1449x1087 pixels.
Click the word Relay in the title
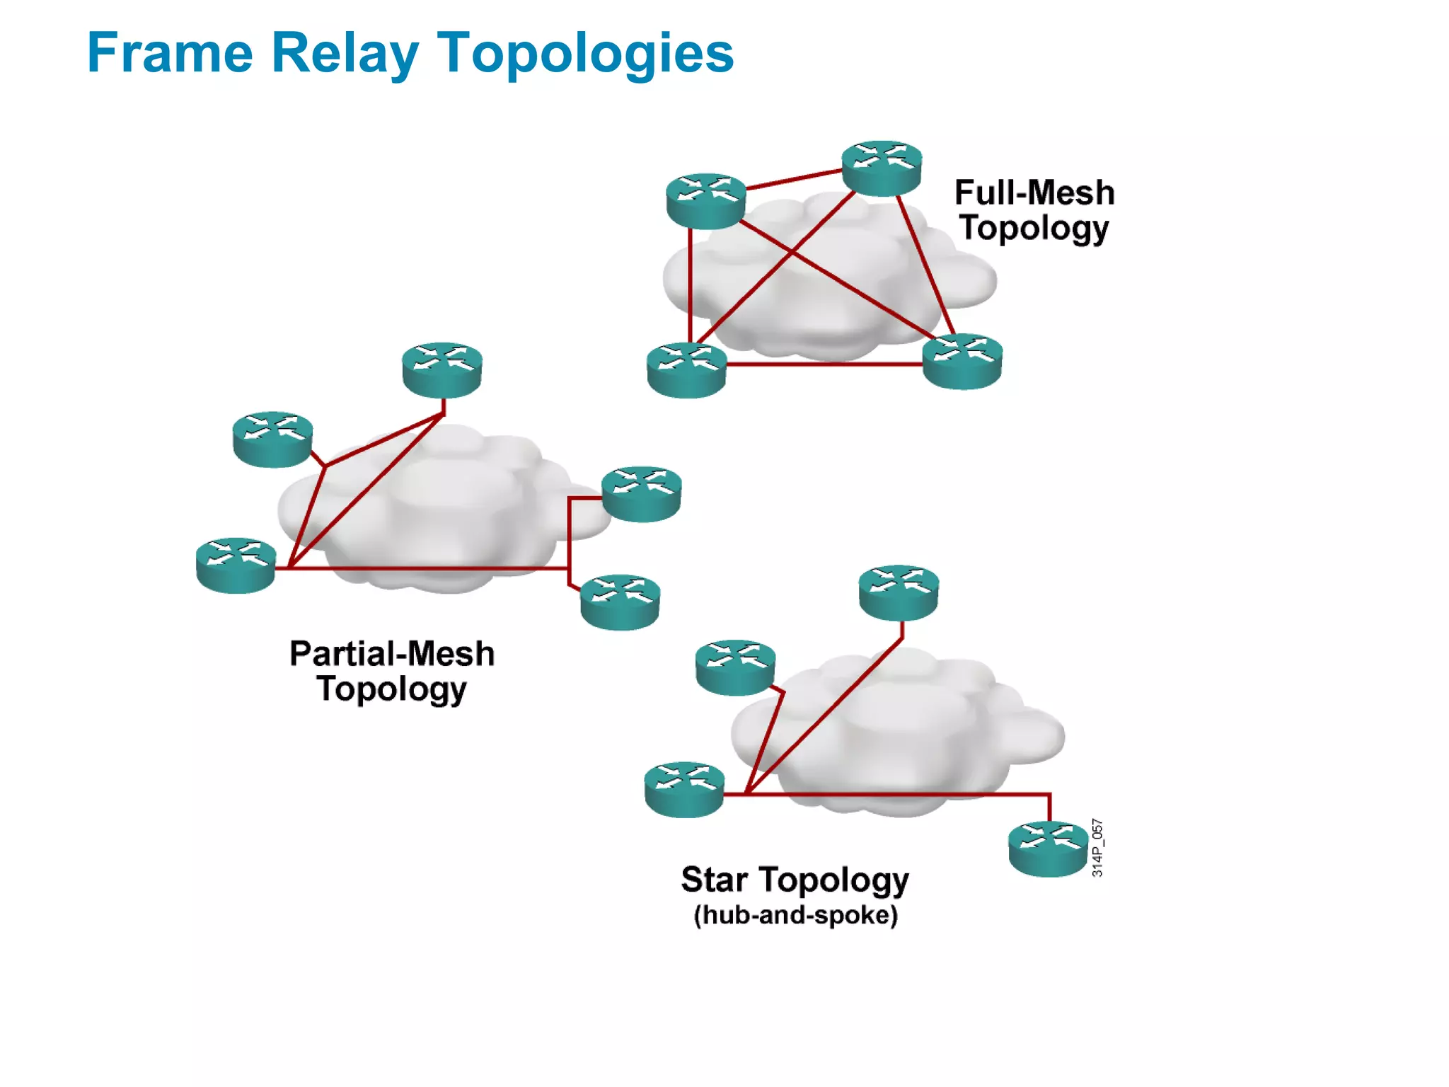tap(345, 54)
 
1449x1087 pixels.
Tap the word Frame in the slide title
tap(170, 54)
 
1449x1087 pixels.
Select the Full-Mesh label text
tap(1034, 192)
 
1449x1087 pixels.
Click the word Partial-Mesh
tap(391, 653)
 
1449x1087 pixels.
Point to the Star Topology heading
tap(795, 880)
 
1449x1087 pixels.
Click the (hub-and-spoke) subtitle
tap(795, 915)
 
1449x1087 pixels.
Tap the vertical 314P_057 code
tap(1097, 848)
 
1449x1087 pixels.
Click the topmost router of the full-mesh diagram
tap(882, 168)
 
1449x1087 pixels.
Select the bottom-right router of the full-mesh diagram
tap(962, 361)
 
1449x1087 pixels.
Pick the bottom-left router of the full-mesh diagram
tap(686, 369)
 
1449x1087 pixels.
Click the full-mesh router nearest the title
tap(706, 201)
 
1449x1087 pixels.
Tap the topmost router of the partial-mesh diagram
tap(442, 369)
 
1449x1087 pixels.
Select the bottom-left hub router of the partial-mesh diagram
tap(236, 565)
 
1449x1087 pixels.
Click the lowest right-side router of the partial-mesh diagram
tap(620, 602)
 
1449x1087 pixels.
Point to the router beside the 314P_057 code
tap(1048, 849)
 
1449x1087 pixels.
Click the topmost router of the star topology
tap(899, 592)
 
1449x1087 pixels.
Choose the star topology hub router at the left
tap(684, 789)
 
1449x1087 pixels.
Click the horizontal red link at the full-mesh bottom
tap(824, 364)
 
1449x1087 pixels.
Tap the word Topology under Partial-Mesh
tap(391, 689)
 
